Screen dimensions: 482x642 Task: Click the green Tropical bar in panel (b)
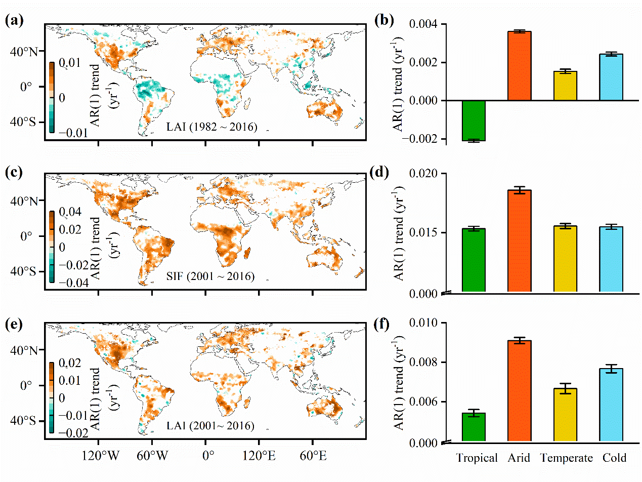474,120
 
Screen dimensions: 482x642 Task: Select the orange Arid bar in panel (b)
519,66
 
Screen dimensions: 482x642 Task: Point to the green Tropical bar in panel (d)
474,260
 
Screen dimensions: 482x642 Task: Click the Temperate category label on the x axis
566,458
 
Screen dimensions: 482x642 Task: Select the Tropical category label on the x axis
477,458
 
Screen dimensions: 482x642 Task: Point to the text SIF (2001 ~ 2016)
210,276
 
